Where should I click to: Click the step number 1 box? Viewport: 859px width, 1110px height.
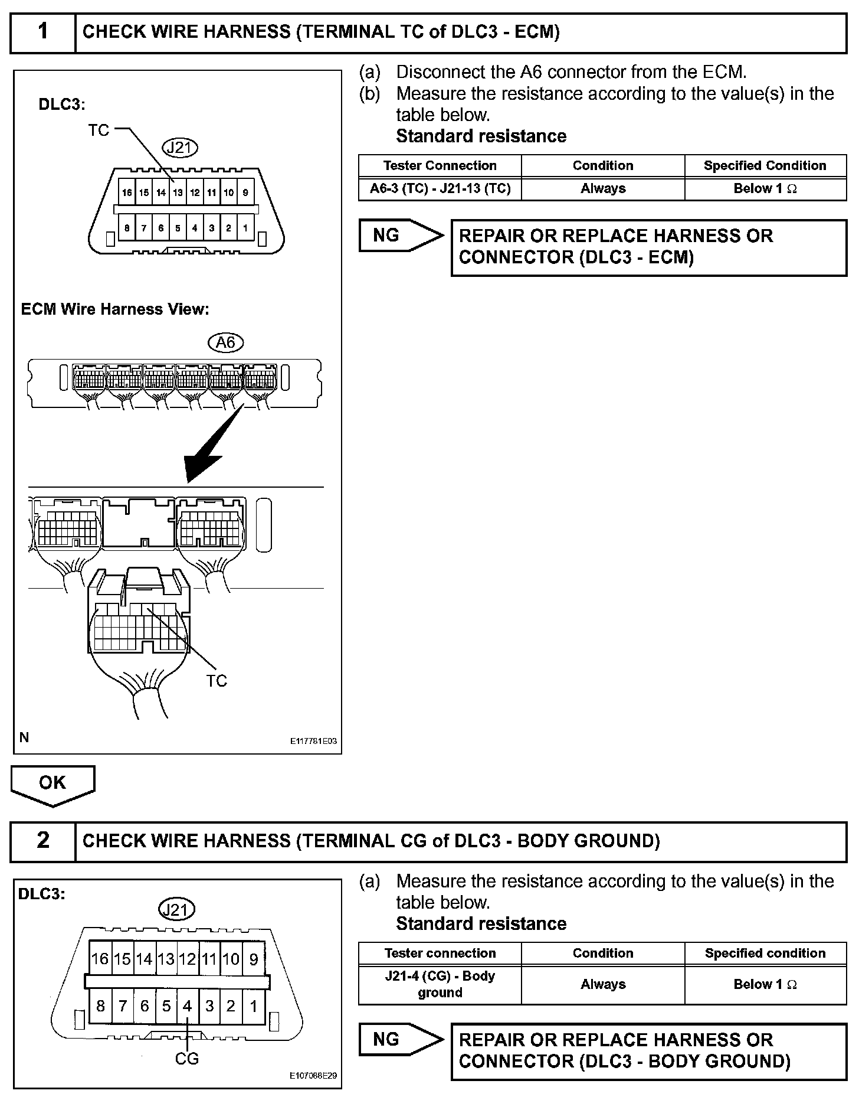point(43,31)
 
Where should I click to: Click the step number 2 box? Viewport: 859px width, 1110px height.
point(43,840)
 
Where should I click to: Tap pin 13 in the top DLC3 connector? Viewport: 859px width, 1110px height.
point(178,192)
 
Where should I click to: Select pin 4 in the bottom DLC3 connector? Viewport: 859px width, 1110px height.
point(188,1006)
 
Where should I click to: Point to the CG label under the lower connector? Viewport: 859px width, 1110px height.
point(187,1059)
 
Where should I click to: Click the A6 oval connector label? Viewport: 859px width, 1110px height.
point(226,342)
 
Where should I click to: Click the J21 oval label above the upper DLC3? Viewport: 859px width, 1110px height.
point(179,147)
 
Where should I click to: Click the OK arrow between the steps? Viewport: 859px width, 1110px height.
point(53,784)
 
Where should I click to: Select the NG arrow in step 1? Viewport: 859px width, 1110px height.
point(400,236)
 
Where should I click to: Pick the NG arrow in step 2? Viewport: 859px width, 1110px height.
point(400,1040)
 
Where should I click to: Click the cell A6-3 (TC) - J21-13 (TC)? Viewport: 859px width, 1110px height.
point(440,189)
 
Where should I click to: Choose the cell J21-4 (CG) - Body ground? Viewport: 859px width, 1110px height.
point(440,984)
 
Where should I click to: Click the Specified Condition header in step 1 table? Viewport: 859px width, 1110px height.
point(765,166)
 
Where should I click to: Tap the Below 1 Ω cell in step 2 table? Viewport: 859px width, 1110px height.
point(765,984)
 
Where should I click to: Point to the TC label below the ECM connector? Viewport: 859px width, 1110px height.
point(217,681)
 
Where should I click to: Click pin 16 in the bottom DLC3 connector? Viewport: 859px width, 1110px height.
point(100,959)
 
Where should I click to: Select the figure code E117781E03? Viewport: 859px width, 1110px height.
point(313,741)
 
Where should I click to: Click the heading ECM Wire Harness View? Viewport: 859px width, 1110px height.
point(115,309)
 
